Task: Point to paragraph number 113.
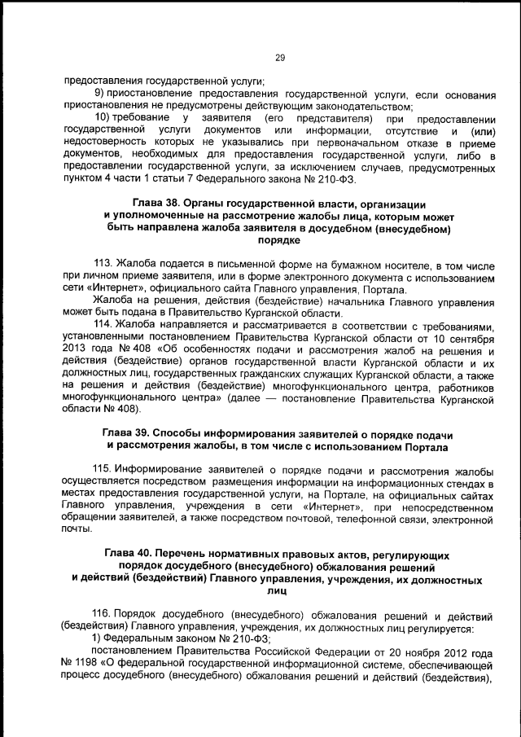tap(104, 265)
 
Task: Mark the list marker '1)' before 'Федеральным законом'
tap(97, 641)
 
